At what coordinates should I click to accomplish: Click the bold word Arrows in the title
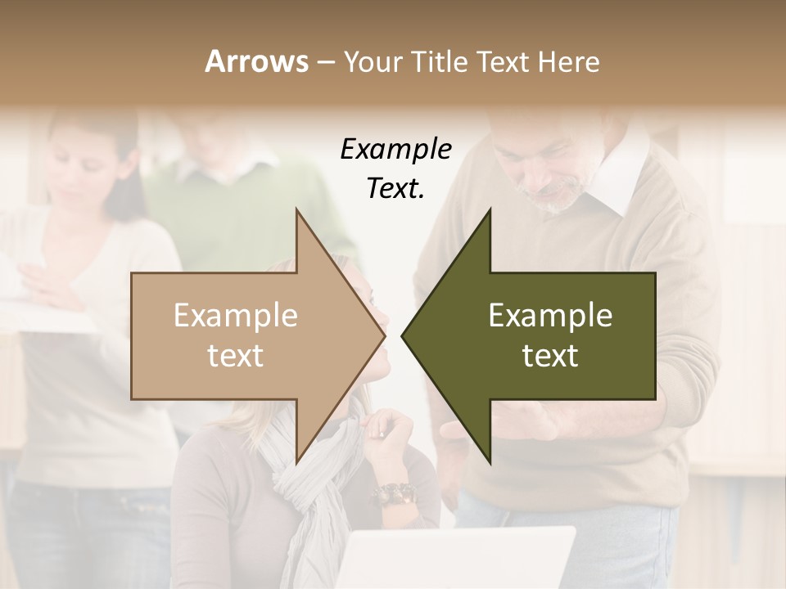256,61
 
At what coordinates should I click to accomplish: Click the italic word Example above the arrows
395,150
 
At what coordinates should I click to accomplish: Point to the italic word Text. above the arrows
395,188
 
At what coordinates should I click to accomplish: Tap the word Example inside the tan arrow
236,316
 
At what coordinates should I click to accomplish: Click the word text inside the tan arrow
236,356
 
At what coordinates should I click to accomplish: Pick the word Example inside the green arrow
550,316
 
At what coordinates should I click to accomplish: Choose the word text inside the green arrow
550,356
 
